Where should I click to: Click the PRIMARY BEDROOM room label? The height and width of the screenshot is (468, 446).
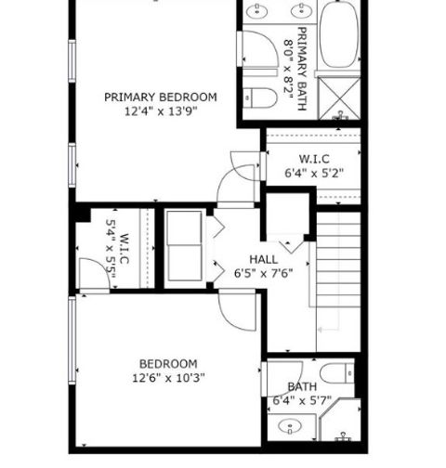coord(161,97)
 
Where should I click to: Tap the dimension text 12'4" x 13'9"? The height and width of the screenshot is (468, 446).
coord(161,111)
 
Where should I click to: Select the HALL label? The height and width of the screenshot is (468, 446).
coord(264,259)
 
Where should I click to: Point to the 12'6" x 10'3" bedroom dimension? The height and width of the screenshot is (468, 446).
coord(168,378)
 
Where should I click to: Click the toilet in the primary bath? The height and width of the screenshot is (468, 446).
coord(259,97)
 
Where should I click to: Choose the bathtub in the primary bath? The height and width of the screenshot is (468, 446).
coord(339,34)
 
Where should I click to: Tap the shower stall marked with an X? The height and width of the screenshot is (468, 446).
coord(340,98)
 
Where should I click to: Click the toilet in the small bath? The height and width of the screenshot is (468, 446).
coord(337,373)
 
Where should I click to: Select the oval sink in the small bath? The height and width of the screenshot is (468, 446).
coord(290,426)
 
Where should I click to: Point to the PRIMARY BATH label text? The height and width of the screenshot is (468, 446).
coord(302,69)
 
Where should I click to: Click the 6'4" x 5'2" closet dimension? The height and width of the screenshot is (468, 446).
coord(314,173)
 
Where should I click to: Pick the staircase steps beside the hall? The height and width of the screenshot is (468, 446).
coord(338,259)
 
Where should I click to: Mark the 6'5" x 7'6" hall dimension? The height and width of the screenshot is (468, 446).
coord(264,274)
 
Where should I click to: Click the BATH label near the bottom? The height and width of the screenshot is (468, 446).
coord(302,387)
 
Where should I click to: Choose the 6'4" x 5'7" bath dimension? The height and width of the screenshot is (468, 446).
coord(302,401)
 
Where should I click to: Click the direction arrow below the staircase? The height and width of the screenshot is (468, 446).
coord(329,330)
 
